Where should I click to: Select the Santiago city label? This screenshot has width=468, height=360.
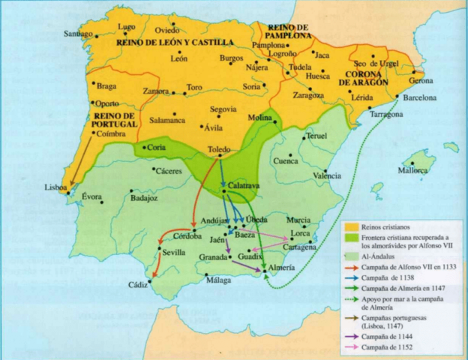[78, 34]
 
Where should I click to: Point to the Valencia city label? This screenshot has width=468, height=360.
[326, 175]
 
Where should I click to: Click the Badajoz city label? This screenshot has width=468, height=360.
[145, 198]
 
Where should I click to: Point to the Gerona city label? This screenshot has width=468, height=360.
[421, 80]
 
